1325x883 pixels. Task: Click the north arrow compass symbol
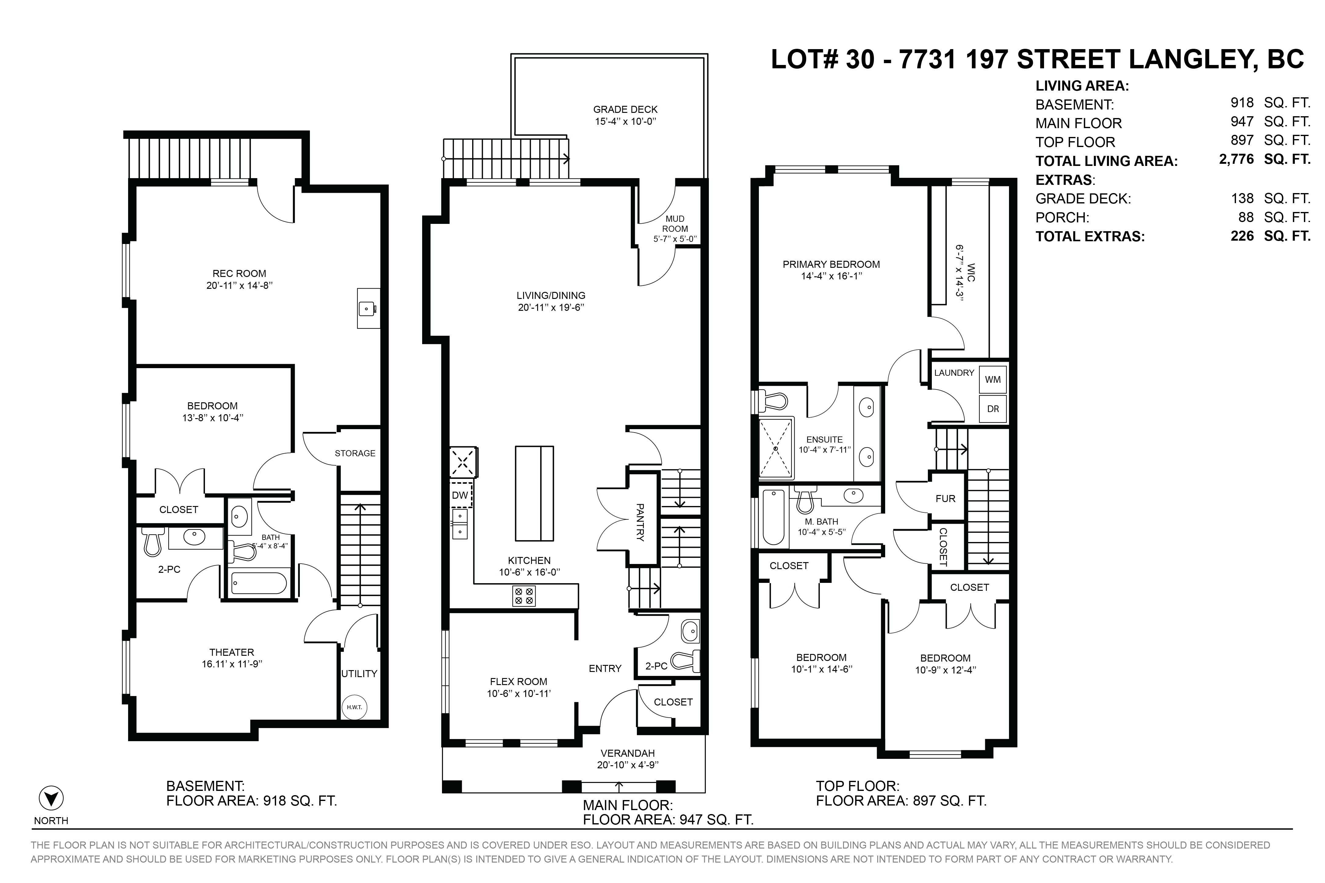[51, 798]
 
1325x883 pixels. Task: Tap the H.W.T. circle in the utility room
[354, 707]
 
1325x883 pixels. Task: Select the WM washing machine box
[992, 379]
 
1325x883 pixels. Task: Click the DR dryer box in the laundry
[992, 409]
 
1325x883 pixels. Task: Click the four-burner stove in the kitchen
[524, 596]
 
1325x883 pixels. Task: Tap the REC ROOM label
[239, 274]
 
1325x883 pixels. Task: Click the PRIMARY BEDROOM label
[831, 264]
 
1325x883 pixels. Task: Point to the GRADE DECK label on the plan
[625, 109]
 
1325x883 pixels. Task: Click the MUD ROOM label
[675, 224]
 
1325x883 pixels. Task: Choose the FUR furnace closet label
[946, 498]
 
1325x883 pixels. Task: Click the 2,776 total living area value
[1237, 160]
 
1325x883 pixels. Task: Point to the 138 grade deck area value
[1242, 198]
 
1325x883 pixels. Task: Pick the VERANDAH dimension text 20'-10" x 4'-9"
[627, 765]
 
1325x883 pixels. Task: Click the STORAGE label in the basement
[355, 453]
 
